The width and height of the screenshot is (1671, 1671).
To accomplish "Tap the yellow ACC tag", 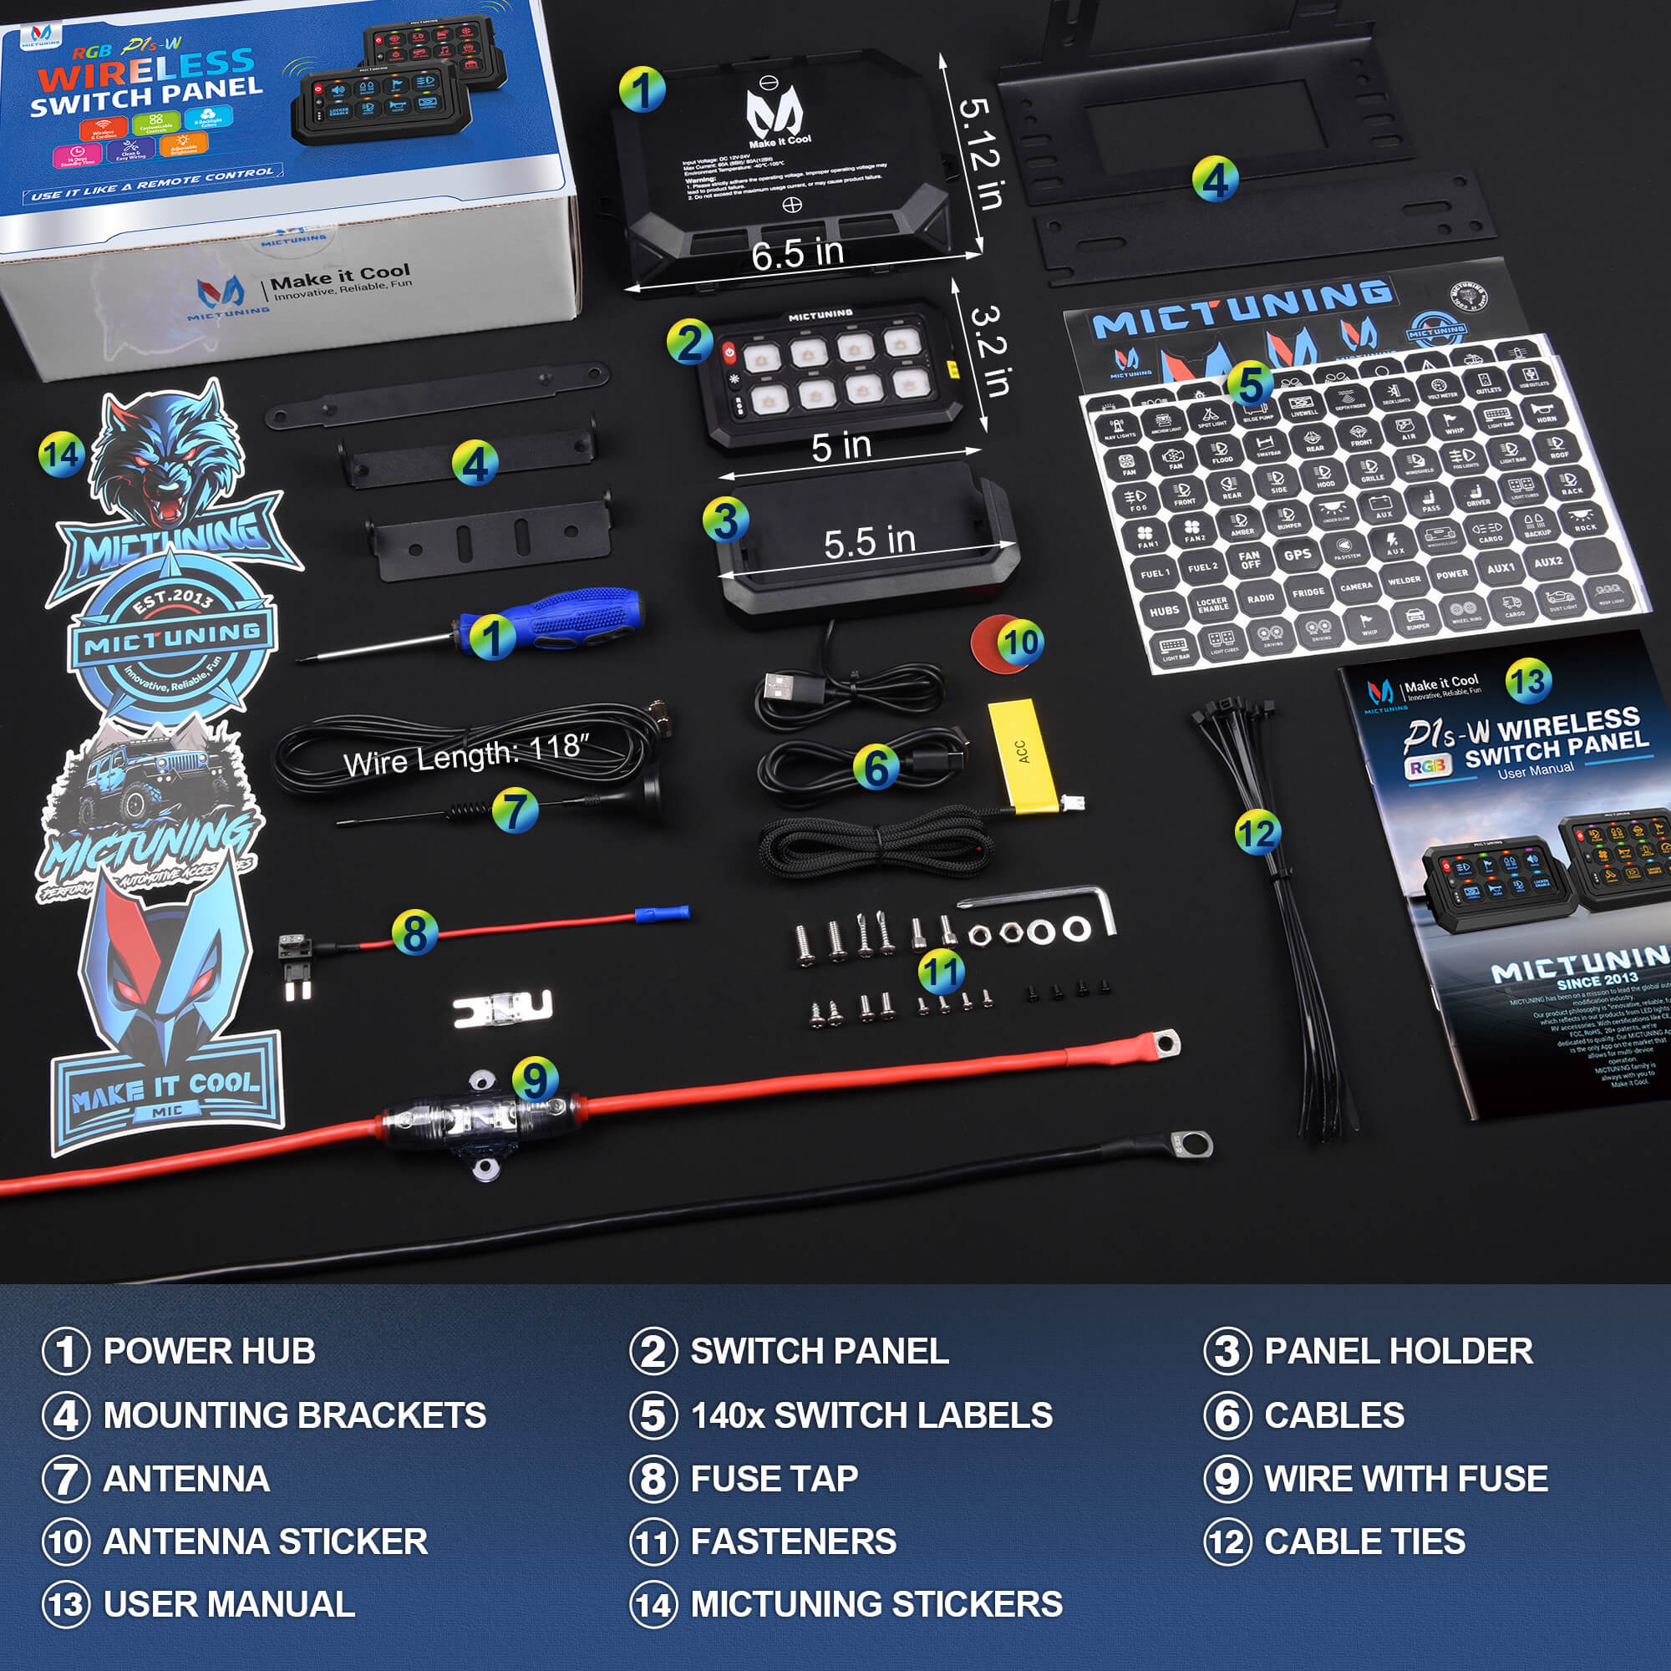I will click(1023, 755).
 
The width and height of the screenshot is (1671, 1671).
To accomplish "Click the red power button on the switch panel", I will click(729, 352).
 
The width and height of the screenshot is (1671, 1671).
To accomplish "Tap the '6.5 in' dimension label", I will click(796, 254).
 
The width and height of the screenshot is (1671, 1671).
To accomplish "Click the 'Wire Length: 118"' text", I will click(466, 754).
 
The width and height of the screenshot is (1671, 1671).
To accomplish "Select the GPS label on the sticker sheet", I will click(1298, 555).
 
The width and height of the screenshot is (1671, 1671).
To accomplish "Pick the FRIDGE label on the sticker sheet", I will click(1308, 592).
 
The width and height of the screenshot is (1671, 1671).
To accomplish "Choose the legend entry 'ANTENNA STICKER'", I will click(265, 1541).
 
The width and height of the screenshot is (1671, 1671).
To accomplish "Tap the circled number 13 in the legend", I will click(66, 1604).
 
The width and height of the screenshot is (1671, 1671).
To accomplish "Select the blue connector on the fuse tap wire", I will click(662, 913).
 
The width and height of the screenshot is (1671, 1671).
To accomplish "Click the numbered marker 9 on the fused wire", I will click(535, 1079).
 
